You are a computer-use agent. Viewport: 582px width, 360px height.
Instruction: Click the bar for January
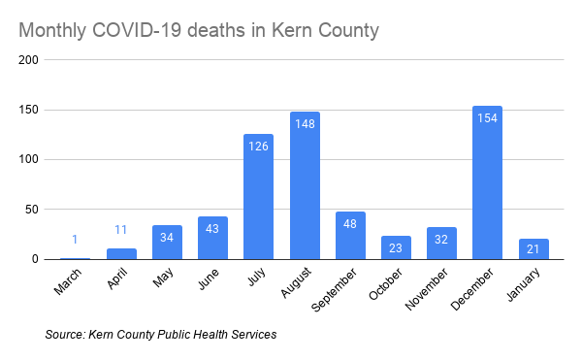pos(533,248)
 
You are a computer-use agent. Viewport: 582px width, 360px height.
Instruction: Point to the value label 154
pos(487,117)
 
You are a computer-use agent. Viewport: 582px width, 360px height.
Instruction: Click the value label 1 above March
pos(75,239)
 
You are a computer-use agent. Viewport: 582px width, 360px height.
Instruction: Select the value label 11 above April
pos(120,229)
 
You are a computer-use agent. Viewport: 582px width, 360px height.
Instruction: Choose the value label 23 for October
pos(396,247)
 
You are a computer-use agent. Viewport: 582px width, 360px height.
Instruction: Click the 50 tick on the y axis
pos(32,210)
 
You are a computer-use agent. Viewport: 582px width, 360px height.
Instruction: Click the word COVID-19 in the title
pos(137,31)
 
